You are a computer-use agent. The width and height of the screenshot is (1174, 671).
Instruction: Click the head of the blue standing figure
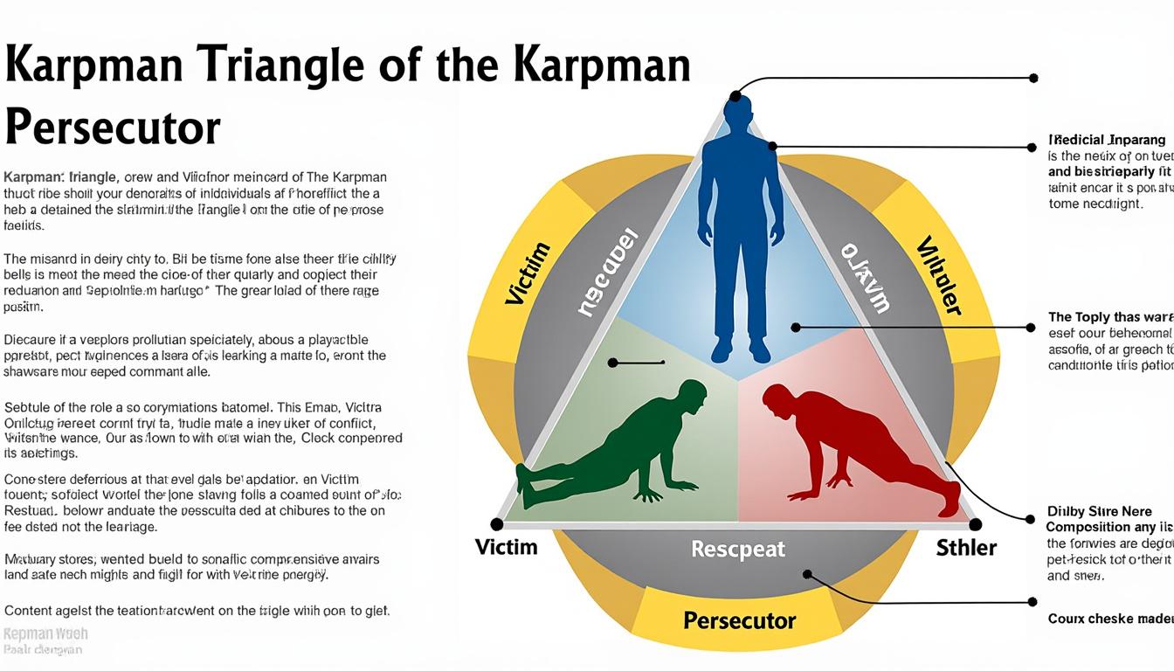pyautogui.click(x=738, y=113)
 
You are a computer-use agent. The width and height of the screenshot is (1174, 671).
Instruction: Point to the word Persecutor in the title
pyautogui.click(x=112, y=128)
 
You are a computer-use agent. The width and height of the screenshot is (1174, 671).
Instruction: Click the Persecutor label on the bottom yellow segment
pyautogui.click(x=739, y=621)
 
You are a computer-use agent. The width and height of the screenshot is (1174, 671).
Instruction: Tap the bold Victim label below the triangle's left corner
pyautogui.click(x=507, y=548)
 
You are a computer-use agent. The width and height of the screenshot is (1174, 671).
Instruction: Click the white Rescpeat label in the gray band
pyautogui.click(x=738, y=550)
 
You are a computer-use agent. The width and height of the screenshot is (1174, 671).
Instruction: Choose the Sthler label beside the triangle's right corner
pyautogui.click(x=966, y=548)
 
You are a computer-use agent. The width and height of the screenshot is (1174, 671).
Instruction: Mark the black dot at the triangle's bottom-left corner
pyautogui.click(x=497, y=524)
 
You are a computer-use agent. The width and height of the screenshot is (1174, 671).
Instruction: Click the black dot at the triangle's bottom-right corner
pyautogui.click(x=976, y=524)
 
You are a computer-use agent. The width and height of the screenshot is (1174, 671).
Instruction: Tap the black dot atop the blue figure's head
pyautogui.click(x=736, y=96)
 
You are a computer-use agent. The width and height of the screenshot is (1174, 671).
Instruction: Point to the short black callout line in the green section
pyautogui.click(x=638, y=362)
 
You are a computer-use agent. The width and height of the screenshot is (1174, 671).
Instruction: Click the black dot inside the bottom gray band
pyautogui.click(x=807, y=574)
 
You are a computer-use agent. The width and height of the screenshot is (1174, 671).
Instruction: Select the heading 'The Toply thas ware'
pyautogui.click(x=1109, y=317)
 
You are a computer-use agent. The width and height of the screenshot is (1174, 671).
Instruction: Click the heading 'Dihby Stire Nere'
pyautogui.click(x=1099, y=512)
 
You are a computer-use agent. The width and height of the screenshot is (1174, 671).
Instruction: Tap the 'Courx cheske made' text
pyautogui.click(x=1109, y=619)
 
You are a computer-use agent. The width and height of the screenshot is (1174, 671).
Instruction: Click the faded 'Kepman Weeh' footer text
pyautogui.click(x=45, y=634)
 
